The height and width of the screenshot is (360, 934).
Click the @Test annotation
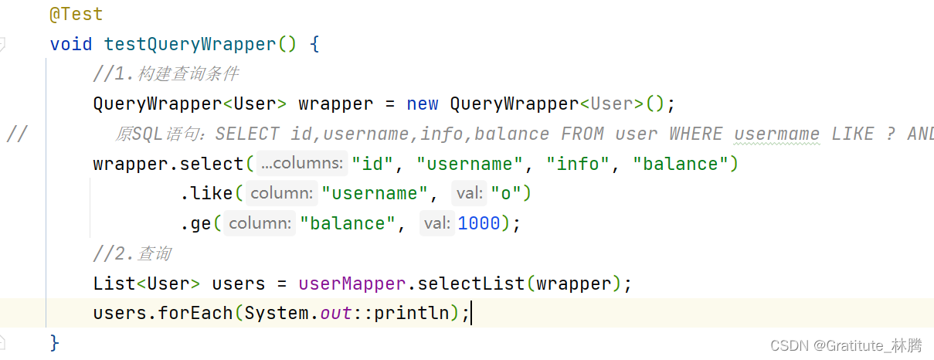click(76, 14)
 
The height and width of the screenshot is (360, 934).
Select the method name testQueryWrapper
click(190, 44)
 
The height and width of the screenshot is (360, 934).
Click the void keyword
click(71, 44)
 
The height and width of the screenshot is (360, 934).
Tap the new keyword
click(423, 104)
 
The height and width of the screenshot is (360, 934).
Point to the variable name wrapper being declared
click(335, 104)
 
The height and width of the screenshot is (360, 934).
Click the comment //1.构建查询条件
click(165, 74)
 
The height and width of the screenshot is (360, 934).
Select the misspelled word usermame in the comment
click(776, 134)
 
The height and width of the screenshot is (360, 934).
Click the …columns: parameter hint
click(302, 164)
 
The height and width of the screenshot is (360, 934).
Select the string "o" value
click(506, 193)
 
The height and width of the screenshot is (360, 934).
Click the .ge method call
click(196, 223)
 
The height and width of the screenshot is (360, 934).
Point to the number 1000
click(478, 223)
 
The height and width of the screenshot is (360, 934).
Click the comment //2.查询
click(132, 253)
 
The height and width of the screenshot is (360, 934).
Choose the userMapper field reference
click(352, 284)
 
